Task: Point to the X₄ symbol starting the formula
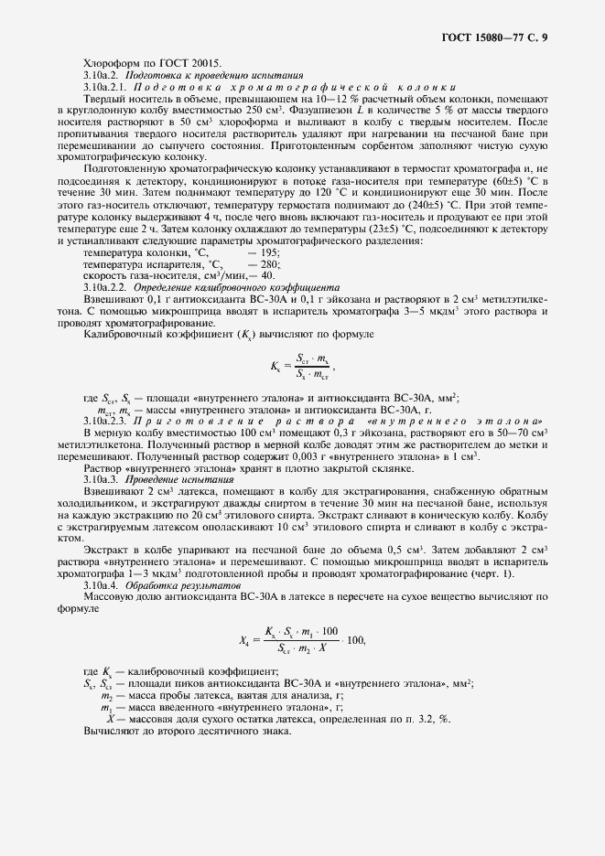point(243,639)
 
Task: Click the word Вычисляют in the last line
point(113,732)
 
